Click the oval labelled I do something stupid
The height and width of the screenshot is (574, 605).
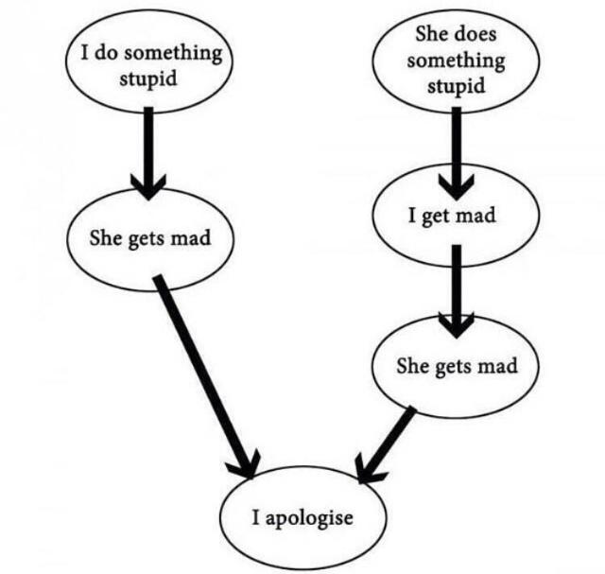coord(148,63)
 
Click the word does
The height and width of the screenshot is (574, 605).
coord(474,37)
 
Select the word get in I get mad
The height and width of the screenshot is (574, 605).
coord(436,217)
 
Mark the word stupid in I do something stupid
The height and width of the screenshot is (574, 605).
coord(148,77)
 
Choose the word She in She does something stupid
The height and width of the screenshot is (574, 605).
coord(431,36)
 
